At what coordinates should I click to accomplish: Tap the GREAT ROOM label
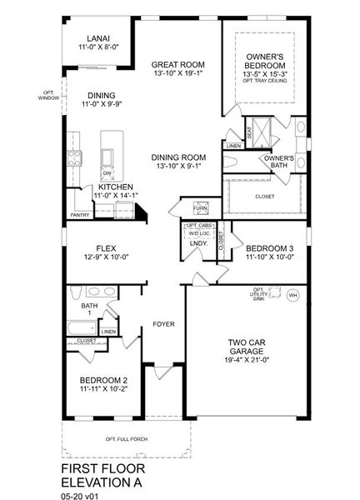178,64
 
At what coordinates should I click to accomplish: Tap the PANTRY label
80,215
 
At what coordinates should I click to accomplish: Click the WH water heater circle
292,295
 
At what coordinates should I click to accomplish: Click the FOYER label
162,323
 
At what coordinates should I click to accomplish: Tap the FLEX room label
105,248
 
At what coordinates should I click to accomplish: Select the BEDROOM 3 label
268,248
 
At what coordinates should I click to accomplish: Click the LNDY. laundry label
197,242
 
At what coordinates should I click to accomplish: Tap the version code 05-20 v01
79,494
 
